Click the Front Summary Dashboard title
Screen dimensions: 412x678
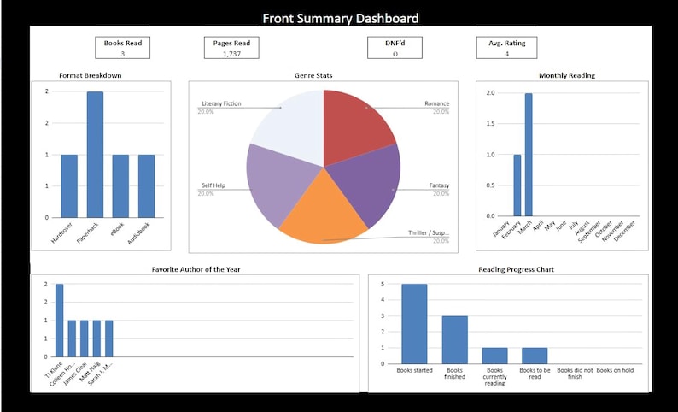(x=340, y=18)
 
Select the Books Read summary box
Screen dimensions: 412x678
(x=123, y=48)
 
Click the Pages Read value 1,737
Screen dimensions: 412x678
(x=231, y=54)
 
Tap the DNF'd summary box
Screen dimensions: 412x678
(x=395, y=48)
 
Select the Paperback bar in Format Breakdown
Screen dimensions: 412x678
(x=95, y=154)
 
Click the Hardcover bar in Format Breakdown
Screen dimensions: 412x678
(x=69, y=185)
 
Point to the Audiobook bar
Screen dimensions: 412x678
(x=146, y=185)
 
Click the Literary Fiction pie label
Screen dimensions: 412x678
(x=220, y=104)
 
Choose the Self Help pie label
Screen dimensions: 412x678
(x=213, y=185)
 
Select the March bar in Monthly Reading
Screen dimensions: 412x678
(x=529, y=155)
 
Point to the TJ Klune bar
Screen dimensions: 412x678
(x=60, y=321)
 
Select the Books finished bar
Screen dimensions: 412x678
(x=454, y=339)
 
